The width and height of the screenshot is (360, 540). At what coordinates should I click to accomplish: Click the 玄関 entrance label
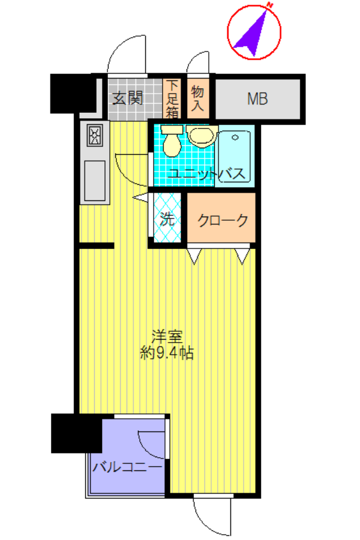point(127,98)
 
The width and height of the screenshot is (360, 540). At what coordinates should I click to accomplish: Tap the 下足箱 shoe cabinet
point(172,98)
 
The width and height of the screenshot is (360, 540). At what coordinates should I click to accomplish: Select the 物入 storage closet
point(197,98)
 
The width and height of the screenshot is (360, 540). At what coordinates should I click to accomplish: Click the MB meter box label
point(257,99)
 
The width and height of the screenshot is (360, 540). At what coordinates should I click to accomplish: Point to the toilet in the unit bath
point(172,141)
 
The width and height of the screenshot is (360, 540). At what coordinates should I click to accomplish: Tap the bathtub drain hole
point(235,138)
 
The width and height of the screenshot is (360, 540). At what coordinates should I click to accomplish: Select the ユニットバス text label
point(206,174)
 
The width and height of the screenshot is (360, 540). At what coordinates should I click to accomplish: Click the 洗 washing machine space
point(167,218)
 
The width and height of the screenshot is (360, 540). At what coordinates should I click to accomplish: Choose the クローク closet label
point(223,220)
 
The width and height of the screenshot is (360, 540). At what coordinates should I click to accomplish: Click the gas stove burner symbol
point(95,136)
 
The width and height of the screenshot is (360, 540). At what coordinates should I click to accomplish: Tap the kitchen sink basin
point(95,181)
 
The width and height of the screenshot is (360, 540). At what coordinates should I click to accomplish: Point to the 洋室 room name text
point(167,337)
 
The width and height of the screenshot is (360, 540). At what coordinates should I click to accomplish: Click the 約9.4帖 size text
point(167,353)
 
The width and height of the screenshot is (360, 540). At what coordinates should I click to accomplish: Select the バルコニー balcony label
point(127,467)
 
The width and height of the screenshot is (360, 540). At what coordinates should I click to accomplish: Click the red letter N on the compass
point(270,5)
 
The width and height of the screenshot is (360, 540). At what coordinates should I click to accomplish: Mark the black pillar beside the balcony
point(76,433)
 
